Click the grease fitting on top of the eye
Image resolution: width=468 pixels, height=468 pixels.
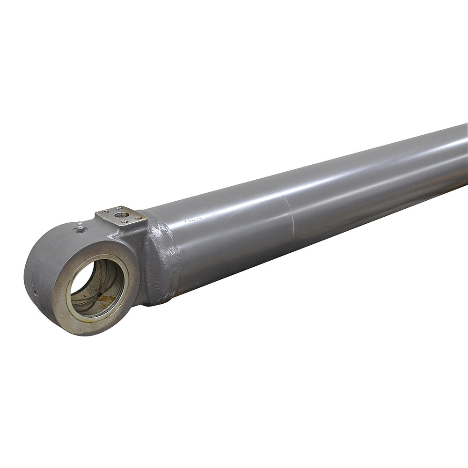coord(80,227)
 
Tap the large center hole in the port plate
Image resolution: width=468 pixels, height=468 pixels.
coord(122,215)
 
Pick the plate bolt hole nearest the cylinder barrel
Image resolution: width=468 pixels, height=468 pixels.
coord(138,218)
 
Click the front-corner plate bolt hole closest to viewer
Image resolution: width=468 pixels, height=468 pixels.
coord(124,221)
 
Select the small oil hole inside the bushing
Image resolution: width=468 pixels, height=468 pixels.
coord(99,294)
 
